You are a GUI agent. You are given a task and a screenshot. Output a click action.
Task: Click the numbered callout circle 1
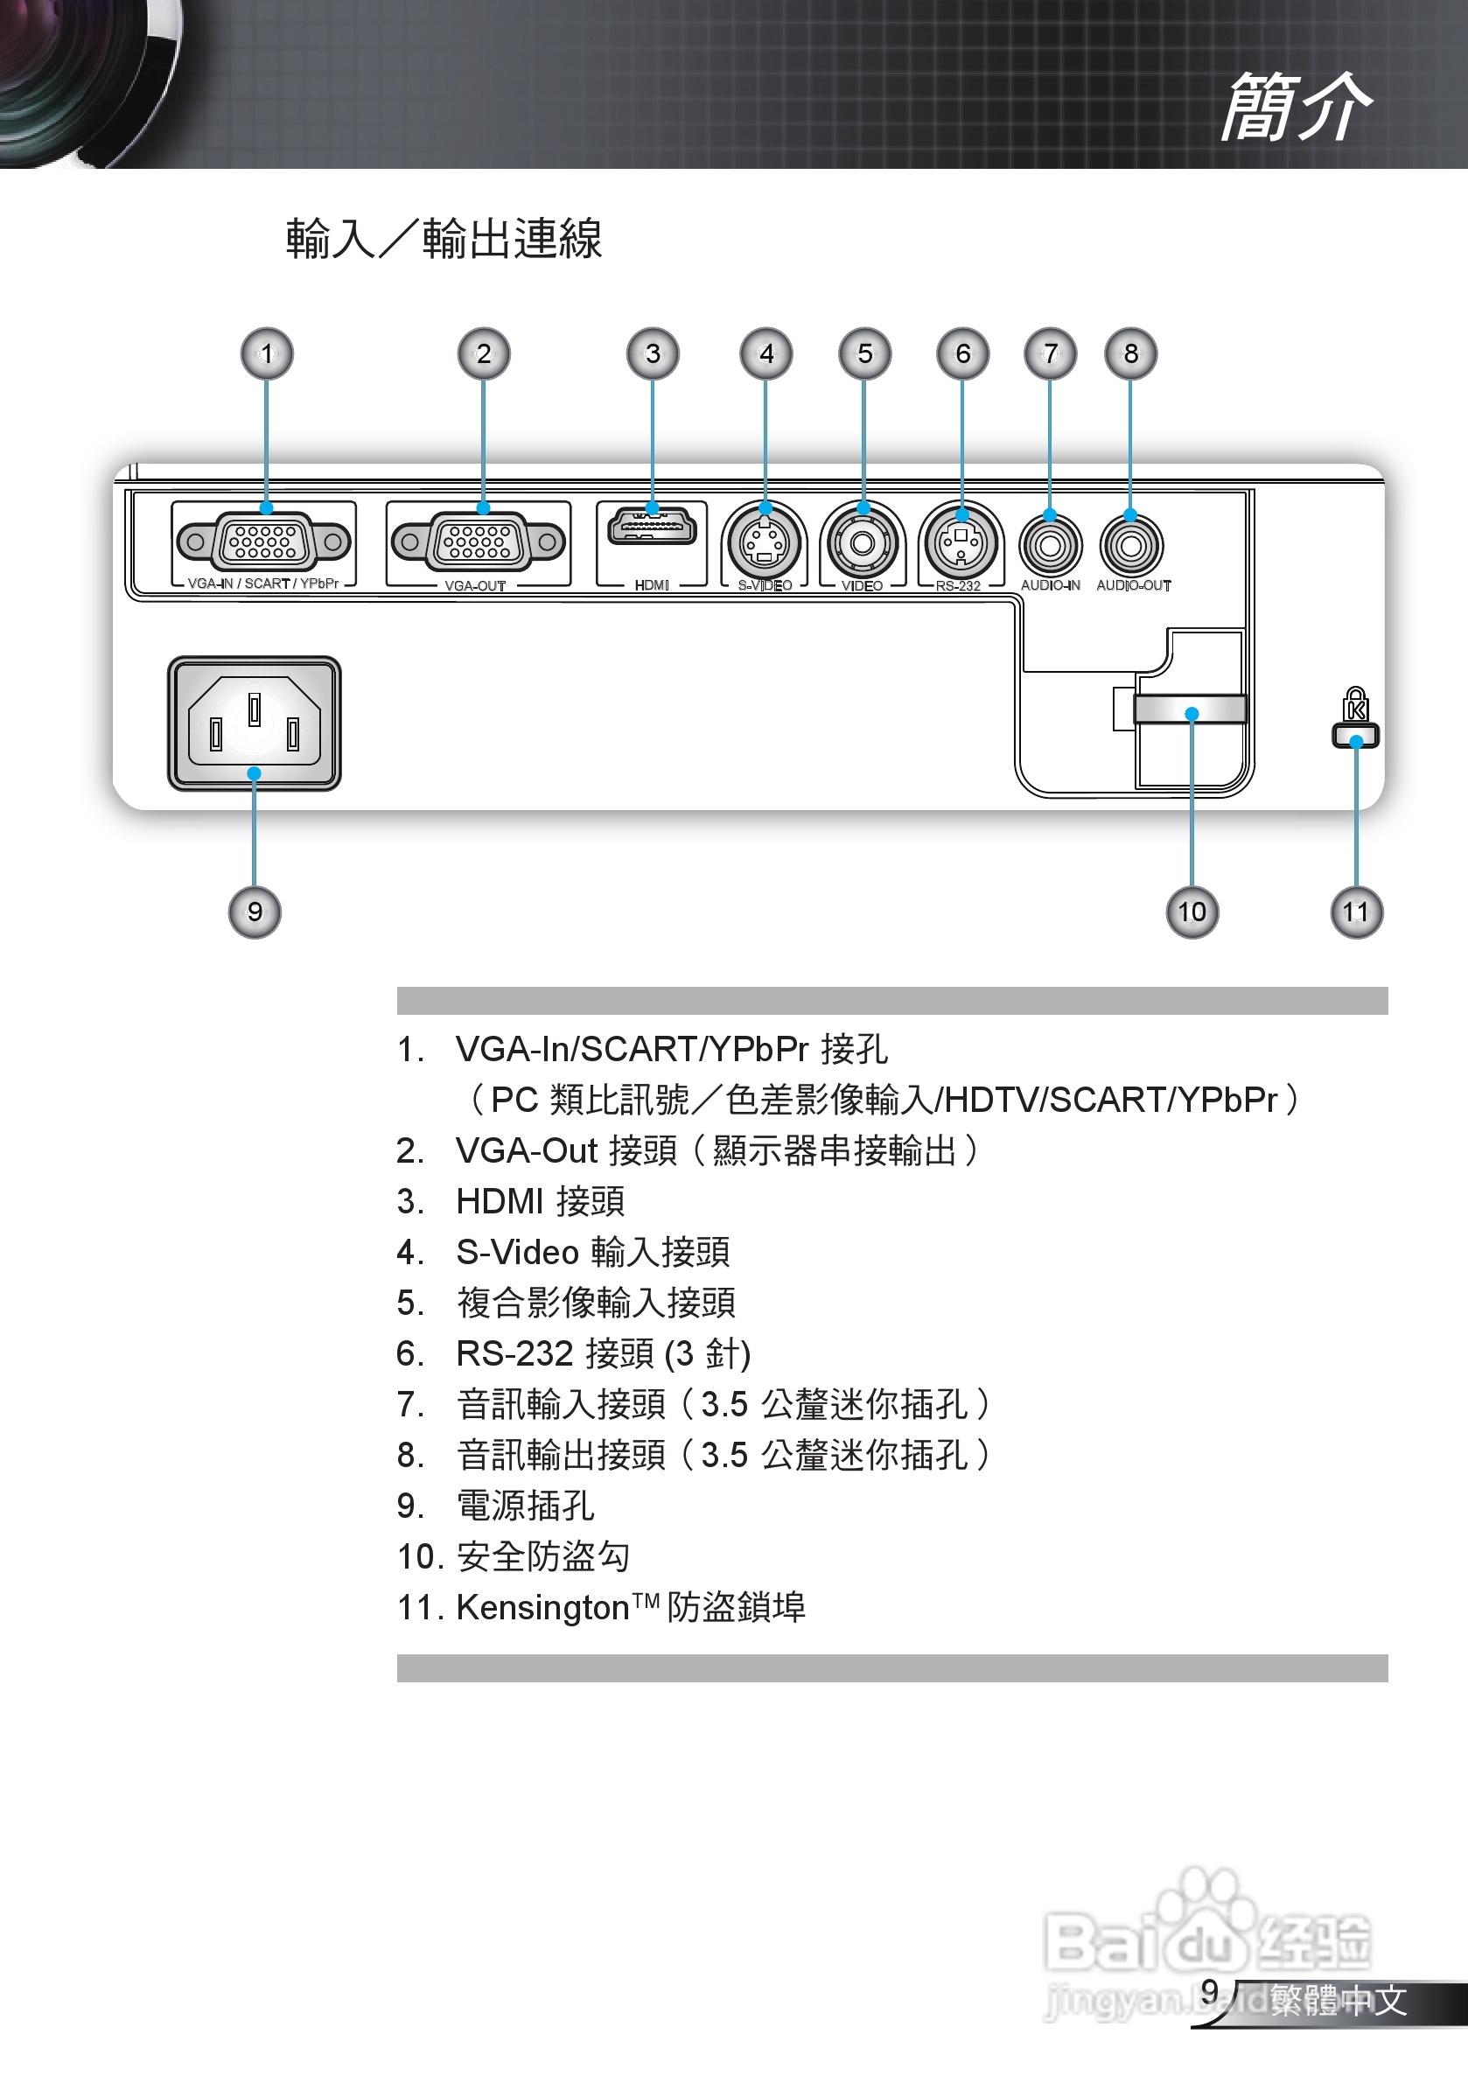pyautogui.click(x=267, y=353)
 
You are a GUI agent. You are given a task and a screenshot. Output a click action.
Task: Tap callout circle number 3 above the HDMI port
pyautogui.click(x=653, y=353)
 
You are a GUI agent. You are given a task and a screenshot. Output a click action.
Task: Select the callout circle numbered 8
pyautogui.click(x=1130, y=353)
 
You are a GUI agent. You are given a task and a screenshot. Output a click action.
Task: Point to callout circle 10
pyautogui.click(x=1192, y=912)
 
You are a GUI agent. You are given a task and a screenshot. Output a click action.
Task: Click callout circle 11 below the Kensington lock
pyautogui.click(x=1356, y=912)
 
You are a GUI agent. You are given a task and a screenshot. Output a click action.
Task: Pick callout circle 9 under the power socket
pyautogui.click(x=255, y=912)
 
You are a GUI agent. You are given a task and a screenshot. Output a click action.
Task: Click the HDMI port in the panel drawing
pyautogui.click(x=653, y=528)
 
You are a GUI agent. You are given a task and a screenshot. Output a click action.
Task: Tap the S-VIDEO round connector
pyautogui.click(x=765, y=543)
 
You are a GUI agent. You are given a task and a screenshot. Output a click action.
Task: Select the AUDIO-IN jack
pyautogui.click(x=1051, y=545)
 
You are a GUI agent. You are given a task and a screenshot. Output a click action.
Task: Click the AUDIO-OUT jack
pyautogui.click(x=1130, y=545)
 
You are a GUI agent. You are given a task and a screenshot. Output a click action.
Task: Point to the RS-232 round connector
pyautogui.click(x=961, y=543)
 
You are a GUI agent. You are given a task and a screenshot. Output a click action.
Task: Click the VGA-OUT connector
pyautogui.click(x=479, y=542)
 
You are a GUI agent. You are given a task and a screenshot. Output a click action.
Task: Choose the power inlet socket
pyautogui.click(x=255, y=723)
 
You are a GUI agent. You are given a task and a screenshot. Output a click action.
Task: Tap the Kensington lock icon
pyautogui.click(x=1355, y=716)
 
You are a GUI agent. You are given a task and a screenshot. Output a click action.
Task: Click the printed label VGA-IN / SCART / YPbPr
pyautogui.click(x=263, y=584)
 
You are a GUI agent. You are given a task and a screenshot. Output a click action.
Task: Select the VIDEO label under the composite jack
pyautogui.click(x=862, y=586)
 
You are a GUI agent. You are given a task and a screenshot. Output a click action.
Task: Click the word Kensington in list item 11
pyautogui.click(x=542, y=1608)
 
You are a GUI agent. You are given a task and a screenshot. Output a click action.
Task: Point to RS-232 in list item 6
pyautogui.click(x=514, y=1353)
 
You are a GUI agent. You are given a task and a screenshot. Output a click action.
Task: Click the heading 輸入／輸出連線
pyautogui.click(x=444, y=240)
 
